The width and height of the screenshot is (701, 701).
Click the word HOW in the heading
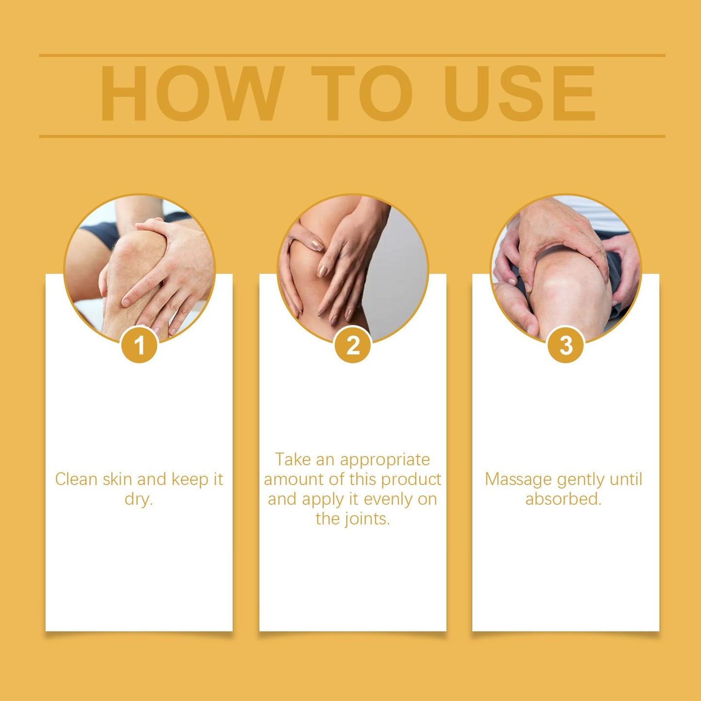(x=192, y=93)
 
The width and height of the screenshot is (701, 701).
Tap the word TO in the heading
(x=362, y=93)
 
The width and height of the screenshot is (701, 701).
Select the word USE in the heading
(x=520, y=93)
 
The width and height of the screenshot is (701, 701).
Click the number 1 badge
(x=139, y=345)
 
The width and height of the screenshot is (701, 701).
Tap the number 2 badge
(x=353, y=345)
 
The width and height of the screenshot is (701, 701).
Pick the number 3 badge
(x=566, y=345)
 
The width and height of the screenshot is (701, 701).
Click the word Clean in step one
(x=77, y=479)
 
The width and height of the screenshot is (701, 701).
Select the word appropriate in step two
(x=385, y=460)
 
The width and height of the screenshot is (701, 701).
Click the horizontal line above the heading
(x=352, y=55)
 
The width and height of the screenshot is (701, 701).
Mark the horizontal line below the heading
(x=352, y=136)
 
